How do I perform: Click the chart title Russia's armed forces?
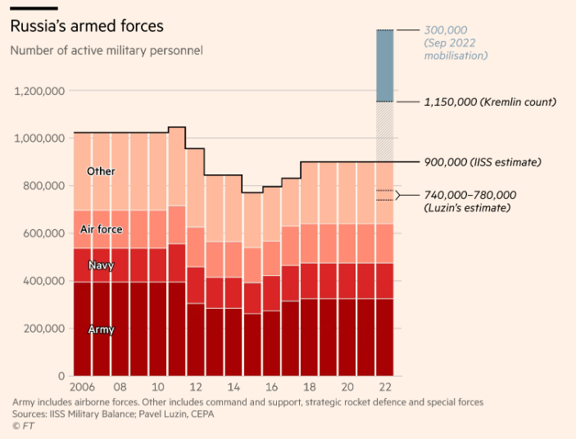[x=86, y=27]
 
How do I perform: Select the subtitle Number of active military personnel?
[x=107, y=51]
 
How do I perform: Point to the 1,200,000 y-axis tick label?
[x=39, y=90]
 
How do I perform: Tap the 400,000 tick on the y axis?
[x=43, y=281]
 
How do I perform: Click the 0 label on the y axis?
[x=61, y=376]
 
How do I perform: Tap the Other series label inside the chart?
[x=101, y=172]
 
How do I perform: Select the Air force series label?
[x=101, y=229]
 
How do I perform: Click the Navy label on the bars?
[x=101, y=265]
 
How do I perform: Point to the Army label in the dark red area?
[x=101, y=329]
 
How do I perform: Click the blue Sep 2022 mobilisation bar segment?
[x=384, y=66]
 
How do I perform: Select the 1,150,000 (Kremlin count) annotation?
[x=490, y=102]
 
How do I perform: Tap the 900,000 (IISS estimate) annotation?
[x=483, y=162]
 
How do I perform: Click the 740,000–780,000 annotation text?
[x=469, y=195]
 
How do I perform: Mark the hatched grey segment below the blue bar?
[x=384, y=131]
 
